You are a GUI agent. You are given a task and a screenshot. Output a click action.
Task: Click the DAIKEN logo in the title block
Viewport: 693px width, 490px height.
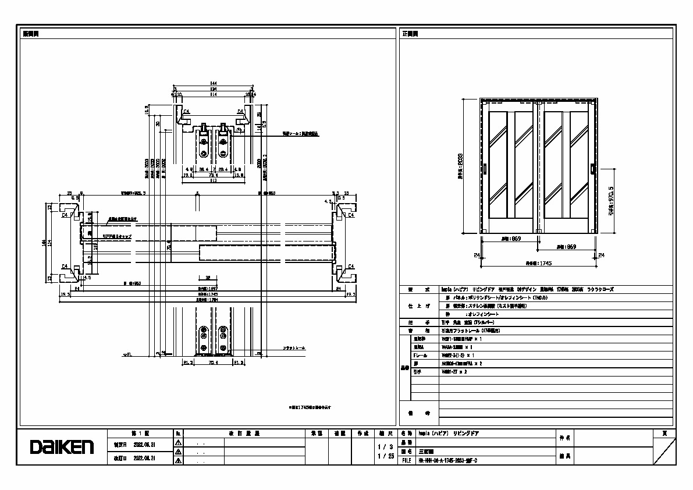pos(62,447)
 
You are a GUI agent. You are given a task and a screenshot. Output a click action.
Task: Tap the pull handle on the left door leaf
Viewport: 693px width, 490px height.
pos(485,169)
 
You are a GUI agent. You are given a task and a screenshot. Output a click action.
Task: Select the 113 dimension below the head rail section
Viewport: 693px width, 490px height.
pos(213,180)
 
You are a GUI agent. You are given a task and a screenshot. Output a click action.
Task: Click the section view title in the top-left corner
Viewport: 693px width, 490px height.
pos(31,34)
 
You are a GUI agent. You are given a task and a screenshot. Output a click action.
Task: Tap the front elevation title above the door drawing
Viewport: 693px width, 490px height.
pos(410,34)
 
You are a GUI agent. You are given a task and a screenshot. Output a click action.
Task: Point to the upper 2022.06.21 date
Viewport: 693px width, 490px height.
pos(143,443)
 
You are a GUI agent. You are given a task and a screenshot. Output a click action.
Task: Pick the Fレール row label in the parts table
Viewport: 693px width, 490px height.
pos(420,354)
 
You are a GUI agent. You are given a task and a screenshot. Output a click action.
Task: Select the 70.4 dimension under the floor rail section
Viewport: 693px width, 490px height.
pos(213,363)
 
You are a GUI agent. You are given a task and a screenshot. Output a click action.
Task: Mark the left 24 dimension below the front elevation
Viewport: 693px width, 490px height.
pos(477,254)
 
